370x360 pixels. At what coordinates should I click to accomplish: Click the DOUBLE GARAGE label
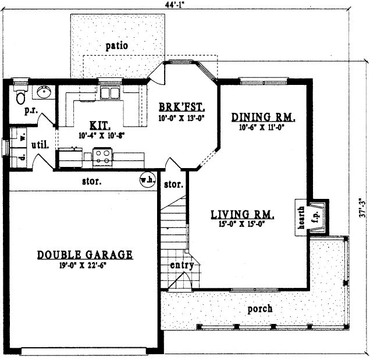point(85,255)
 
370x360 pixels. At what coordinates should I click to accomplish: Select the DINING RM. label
point(264,116)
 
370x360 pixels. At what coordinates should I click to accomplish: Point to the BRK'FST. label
point(182,107)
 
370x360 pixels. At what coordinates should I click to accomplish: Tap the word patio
point(117,45)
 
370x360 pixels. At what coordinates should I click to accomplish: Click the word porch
point(259,308)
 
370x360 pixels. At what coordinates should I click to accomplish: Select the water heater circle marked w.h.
point(147,180)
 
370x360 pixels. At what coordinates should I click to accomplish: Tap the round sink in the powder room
point(44,92)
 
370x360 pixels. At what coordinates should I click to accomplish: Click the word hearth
point(301,218)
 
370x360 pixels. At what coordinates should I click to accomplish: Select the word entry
point(182,266)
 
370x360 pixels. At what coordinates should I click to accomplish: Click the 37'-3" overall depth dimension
point(362,206)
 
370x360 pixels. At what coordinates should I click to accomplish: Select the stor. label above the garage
point(92,181)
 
